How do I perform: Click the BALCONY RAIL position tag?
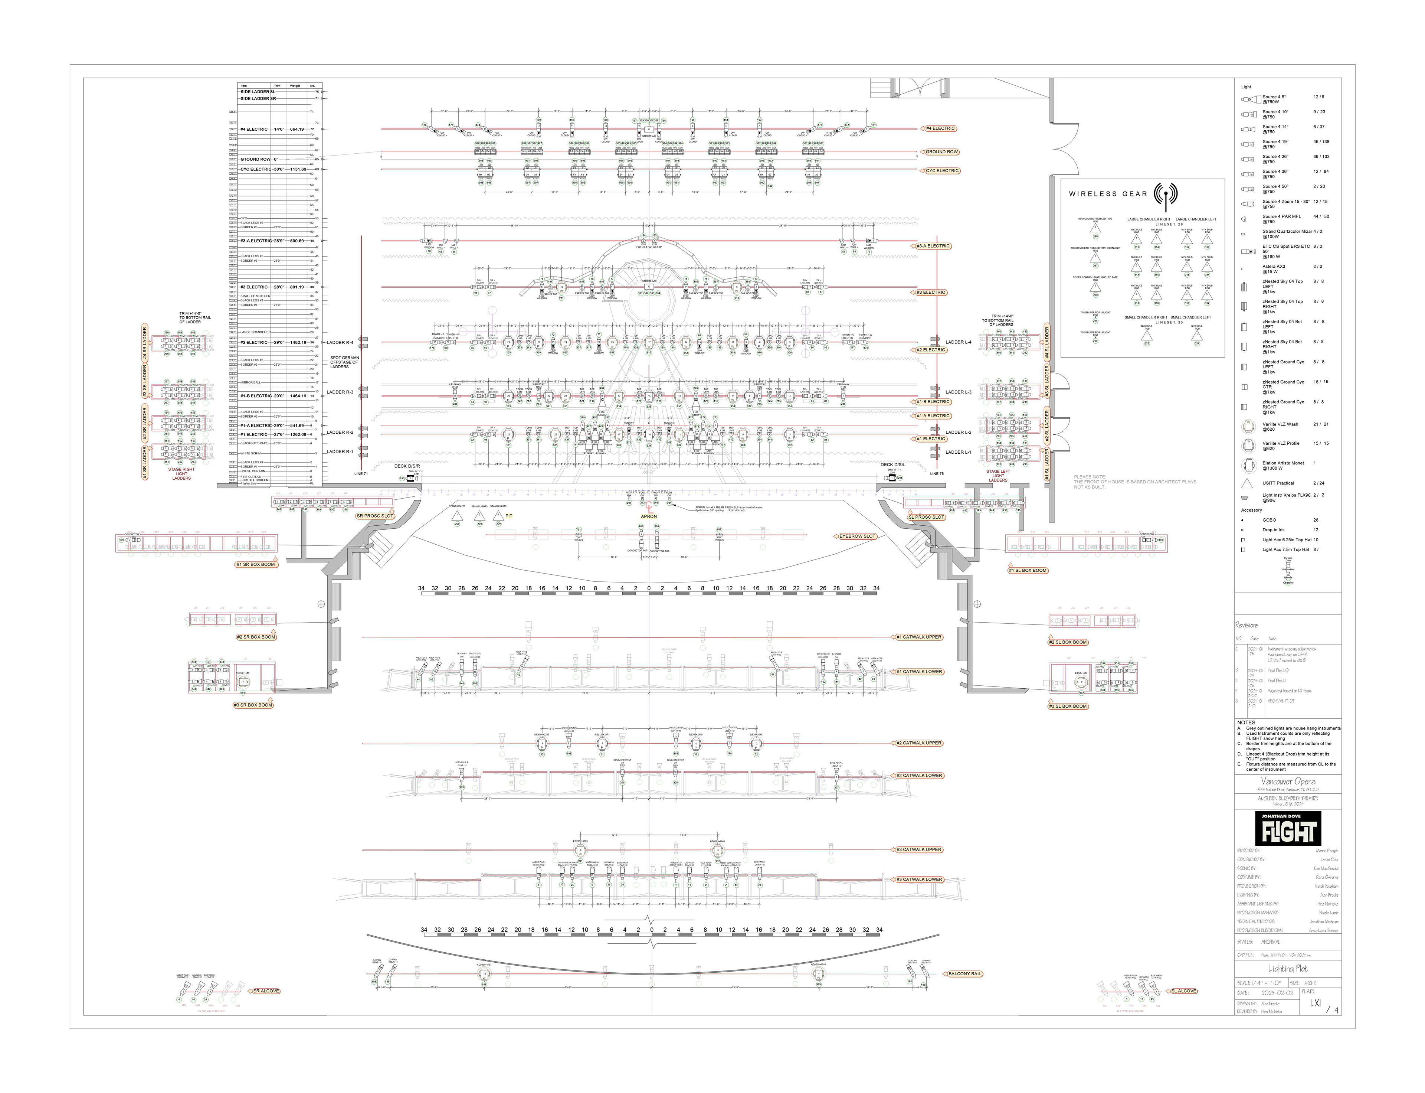pyautogui.click(x=964, y=974)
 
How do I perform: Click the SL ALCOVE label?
pyautogui.click(x=1184, y=991)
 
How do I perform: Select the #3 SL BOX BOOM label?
pyautogui.click(x=1067, y=706)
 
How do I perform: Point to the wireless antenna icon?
pyautogui.click(x=1166, y=194)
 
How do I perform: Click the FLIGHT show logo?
pyautogui.click(x=1288, y=828)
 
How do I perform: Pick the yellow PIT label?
pyautogui.click(x=509, y=516)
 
